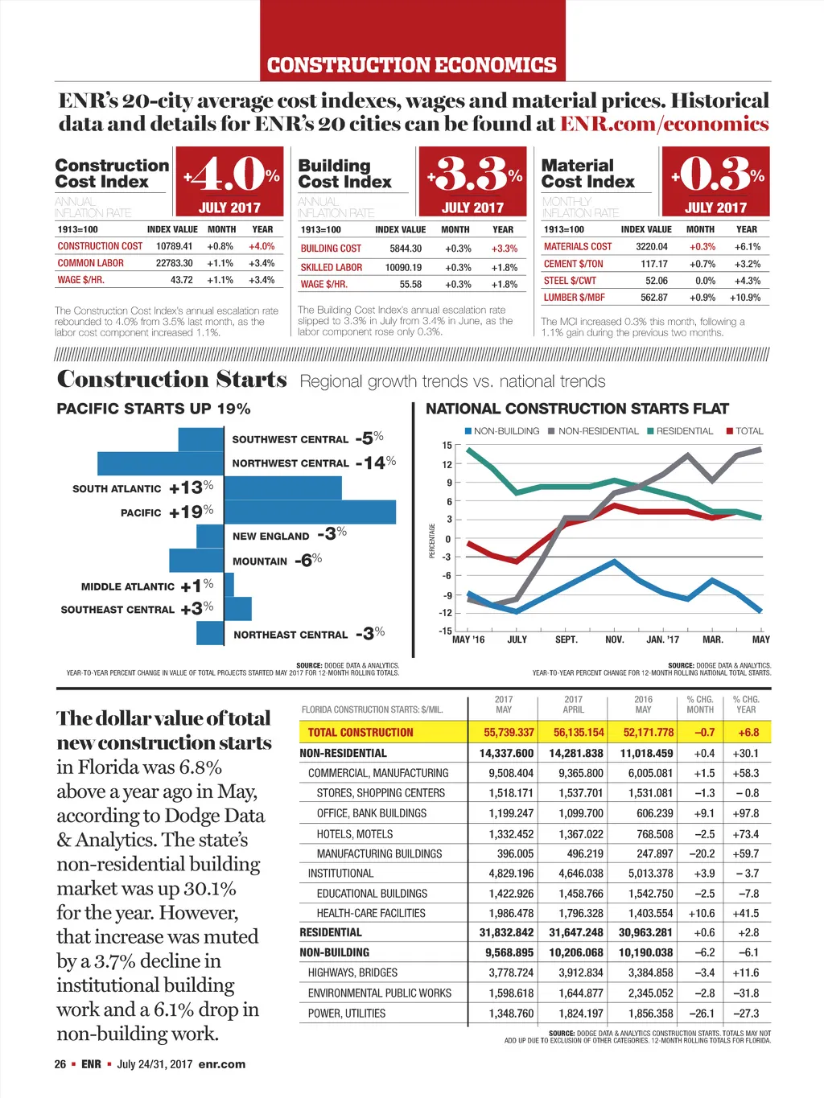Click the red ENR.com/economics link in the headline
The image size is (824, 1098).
(664, 124)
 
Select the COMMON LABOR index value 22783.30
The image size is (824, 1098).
(174, 263)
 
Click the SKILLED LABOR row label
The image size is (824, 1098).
(332, 267)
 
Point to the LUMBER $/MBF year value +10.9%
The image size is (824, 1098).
(744, 297)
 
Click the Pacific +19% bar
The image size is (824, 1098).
(310, 512)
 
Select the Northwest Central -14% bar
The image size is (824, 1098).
(160, 463)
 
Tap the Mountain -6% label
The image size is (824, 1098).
(277, 561)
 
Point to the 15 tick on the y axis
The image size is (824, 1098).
(447, 445)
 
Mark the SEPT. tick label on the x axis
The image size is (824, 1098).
(566, 639)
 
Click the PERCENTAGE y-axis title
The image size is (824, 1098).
(432, 541)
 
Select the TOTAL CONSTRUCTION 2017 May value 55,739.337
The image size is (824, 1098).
(509, 732)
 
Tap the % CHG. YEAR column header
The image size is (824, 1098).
(746, 705)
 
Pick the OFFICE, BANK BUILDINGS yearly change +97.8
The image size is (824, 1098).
(746, 813)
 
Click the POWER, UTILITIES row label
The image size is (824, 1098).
(347, 1014)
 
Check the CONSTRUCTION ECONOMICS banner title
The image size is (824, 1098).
(411, 64)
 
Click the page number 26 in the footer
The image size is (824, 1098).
(60, 1064)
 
